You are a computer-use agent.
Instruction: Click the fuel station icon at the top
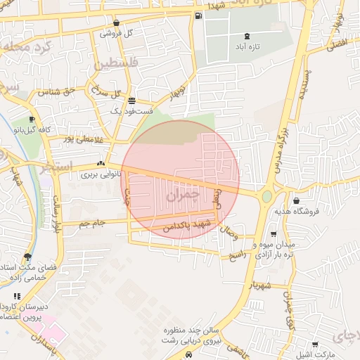pos(199,15)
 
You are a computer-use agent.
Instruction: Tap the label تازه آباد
pos(245,48)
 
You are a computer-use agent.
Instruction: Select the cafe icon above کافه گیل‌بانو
pos(32,120)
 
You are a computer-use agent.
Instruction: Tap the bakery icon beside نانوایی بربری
pos(101,164)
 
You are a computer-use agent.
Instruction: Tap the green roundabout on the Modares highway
pos(266,196)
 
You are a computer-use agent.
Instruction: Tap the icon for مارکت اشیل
pos(314,344)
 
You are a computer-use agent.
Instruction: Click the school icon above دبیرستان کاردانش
pos(17,296)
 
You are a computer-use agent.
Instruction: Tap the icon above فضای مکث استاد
pos(27,257)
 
